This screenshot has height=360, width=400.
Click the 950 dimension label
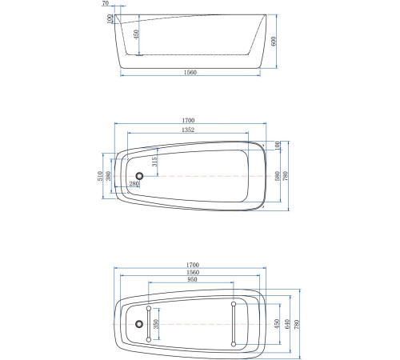coord(191,281)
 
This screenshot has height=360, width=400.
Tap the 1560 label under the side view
coord(190,73)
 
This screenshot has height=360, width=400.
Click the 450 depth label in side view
coord(137,35)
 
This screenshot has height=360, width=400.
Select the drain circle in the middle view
coord(140,176)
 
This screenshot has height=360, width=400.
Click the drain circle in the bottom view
coord(140,323)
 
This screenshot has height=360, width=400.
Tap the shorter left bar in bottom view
coord(150,323)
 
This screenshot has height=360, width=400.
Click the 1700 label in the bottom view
coord(193,266)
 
